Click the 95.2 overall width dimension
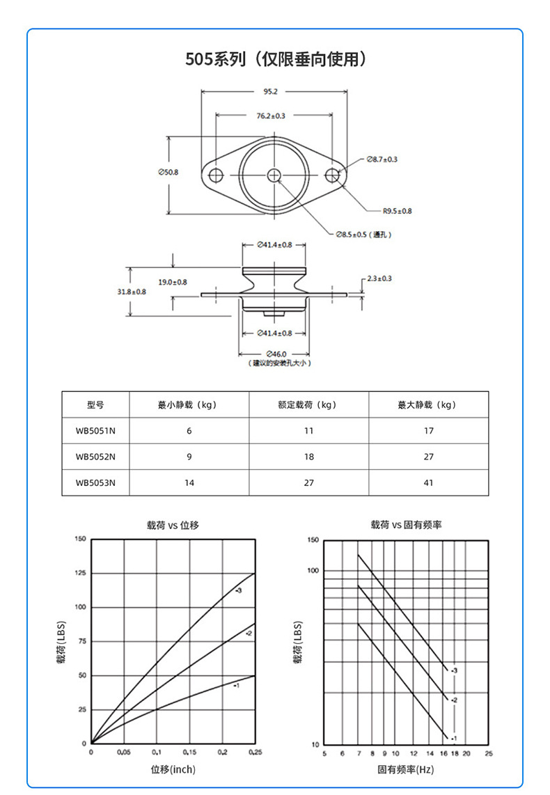click(x=271, y=91)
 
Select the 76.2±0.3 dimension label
click(x=271, y=116)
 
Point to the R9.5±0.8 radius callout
click(x=397, y=210)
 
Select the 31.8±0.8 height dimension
click(x=132, y=292)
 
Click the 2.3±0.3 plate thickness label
click(x=379, y=278)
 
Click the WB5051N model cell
click(x=95, y=431)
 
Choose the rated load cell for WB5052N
click(x=309, y=457)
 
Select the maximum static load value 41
click(x=428, y=482)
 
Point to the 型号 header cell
click(x=95, y=404)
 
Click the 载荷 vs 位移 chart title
click(x=173, y=525)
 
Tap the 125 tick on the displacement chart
click(x=79, y=573)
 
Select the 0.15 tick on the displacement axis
click(x=189, y=753)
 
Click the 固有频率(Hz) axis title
click(x=406, y=770)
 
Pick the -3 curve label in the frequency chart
click(x=453, y=670)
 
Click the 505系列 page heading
click(x=275, y=59)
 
